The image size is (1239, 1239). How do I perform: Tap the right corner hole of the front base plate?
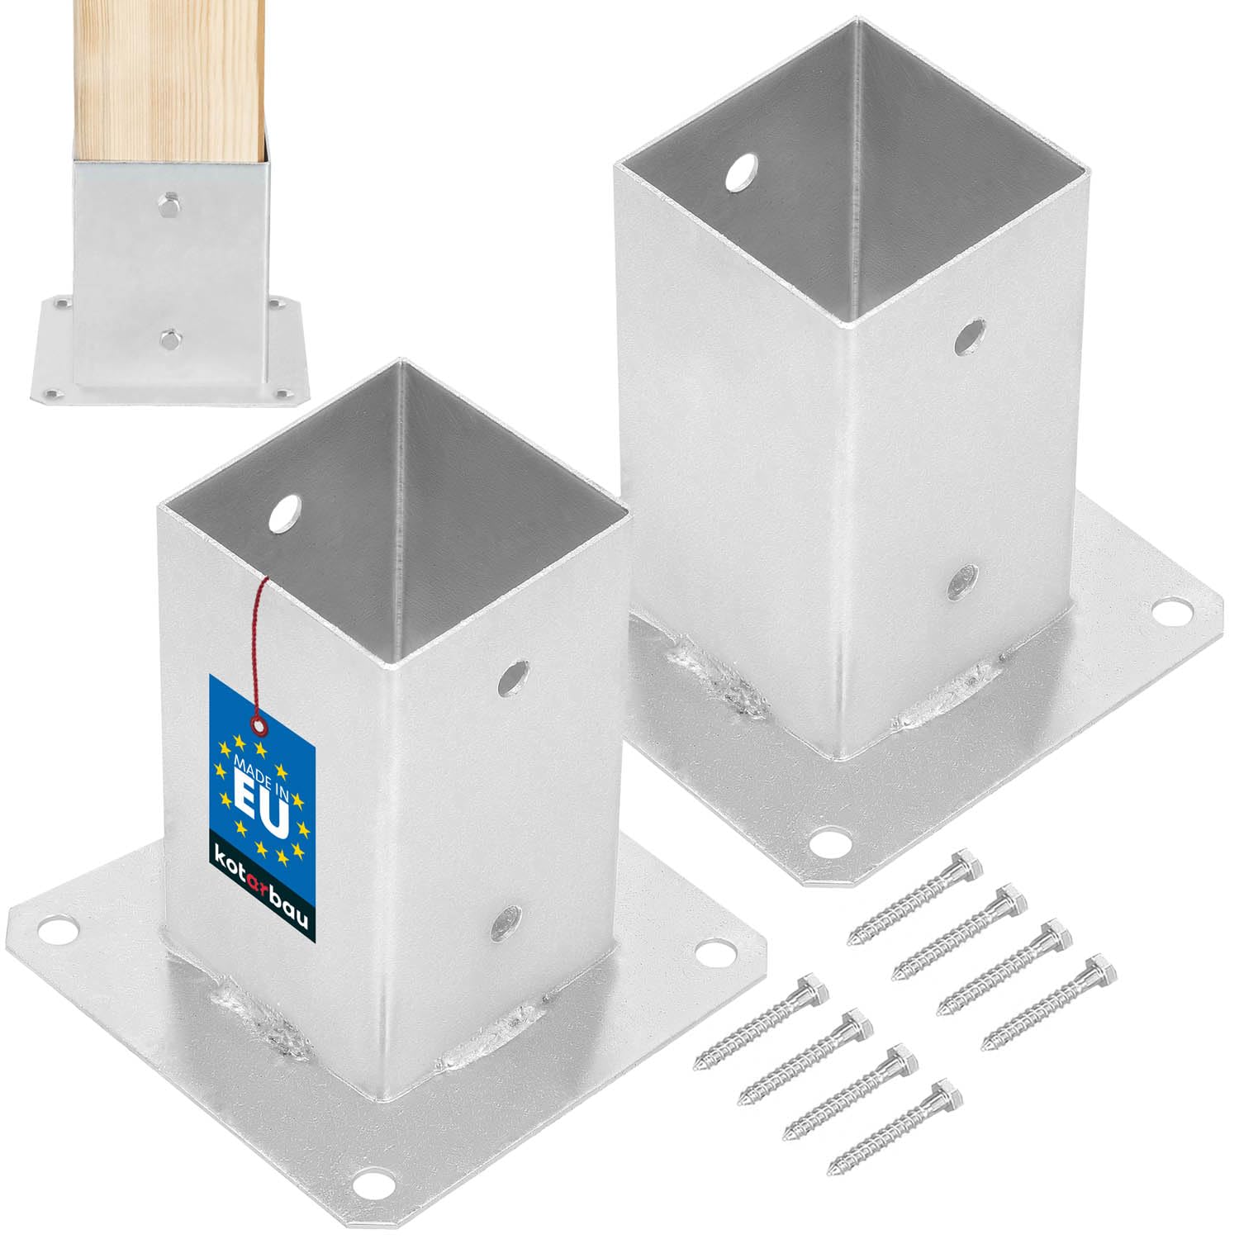pos(708,952)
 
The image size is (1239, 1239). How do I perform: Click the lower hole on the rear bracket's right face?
pos(960,581)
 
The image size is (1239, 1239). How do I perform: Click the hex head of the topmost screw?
pos(966,866)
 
